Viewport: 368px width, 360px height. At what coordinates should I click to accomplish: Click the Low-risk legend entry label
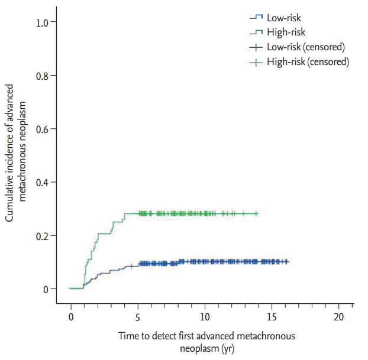[283, 18]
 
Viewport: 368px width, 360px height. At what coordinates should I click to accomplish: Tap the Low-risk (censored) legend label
[305, 47]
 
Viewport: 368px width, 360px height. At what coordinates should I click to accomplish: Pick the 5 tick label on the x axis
[138, 316]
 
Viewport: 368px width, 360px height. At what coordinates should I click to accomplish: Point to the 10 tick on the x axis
[205, 316]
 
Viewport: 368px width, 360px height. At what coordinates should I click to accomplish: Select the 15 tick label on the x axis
[272, 316]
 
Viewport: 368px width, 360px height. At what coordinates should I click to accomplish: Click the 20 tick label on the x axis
[338, 316]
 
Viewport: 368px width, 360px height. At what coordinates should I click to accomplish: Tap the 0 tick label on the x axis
[71, 316]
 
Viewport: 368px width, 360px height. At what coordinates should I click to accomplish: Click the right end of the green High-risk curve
[258, 213]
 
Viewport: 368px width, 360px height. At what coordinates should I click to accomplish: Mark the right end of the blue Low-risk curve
[288, 261]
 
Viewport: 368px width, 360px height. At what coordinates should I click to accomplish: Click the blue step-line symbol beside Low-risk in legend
[255, 18]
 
